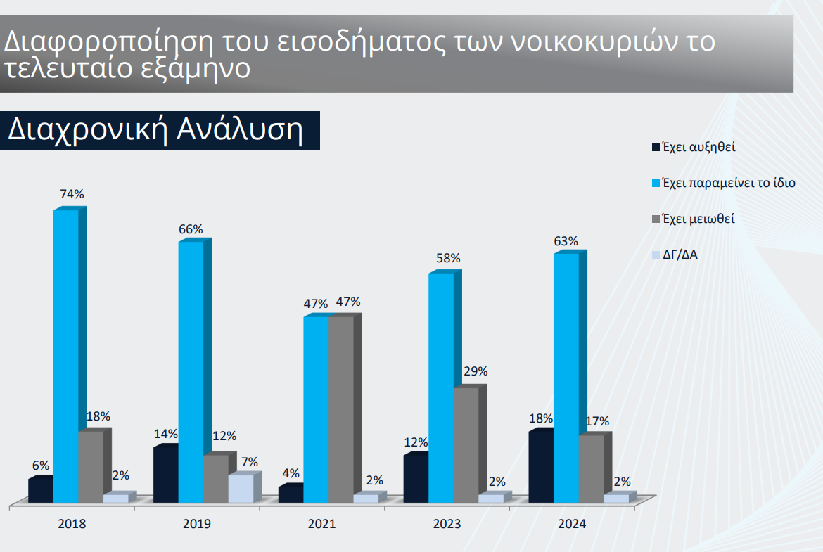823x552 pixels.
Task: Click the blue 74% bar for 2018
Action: click(65, 355)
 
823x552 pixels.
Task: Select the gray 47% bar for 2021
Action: click(341, 409)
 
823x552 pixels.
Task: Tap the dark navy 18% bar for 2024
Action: click(540, 466)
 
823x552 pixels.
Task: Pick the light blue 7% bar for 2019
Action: click(241, 488)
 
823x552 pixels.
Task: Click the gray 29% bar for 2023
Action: click(466, 444)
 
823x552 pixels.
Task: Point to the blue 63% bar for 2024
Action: click(566, 378)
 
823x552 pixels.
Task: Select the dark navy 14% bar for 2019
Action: click(165, 474)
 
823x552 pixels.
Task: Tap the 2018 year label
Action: click(72, 524)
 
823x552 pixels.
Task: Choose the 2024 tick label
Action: click(572, 524)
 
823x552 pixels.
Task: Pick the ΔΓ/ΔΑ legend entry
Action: click(680, 255)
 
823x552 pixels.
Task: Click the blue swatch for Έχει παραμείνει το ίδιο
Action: click(656, 184)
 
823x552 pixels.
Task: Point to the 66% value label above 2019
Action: click(191, 229)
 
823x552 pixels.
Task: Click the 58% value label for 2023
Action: click(448, 258)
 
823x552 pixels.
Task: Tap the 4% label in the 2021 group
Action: click(291, 473)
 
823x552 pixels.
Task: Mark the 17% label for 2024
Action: click(597, 421)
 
